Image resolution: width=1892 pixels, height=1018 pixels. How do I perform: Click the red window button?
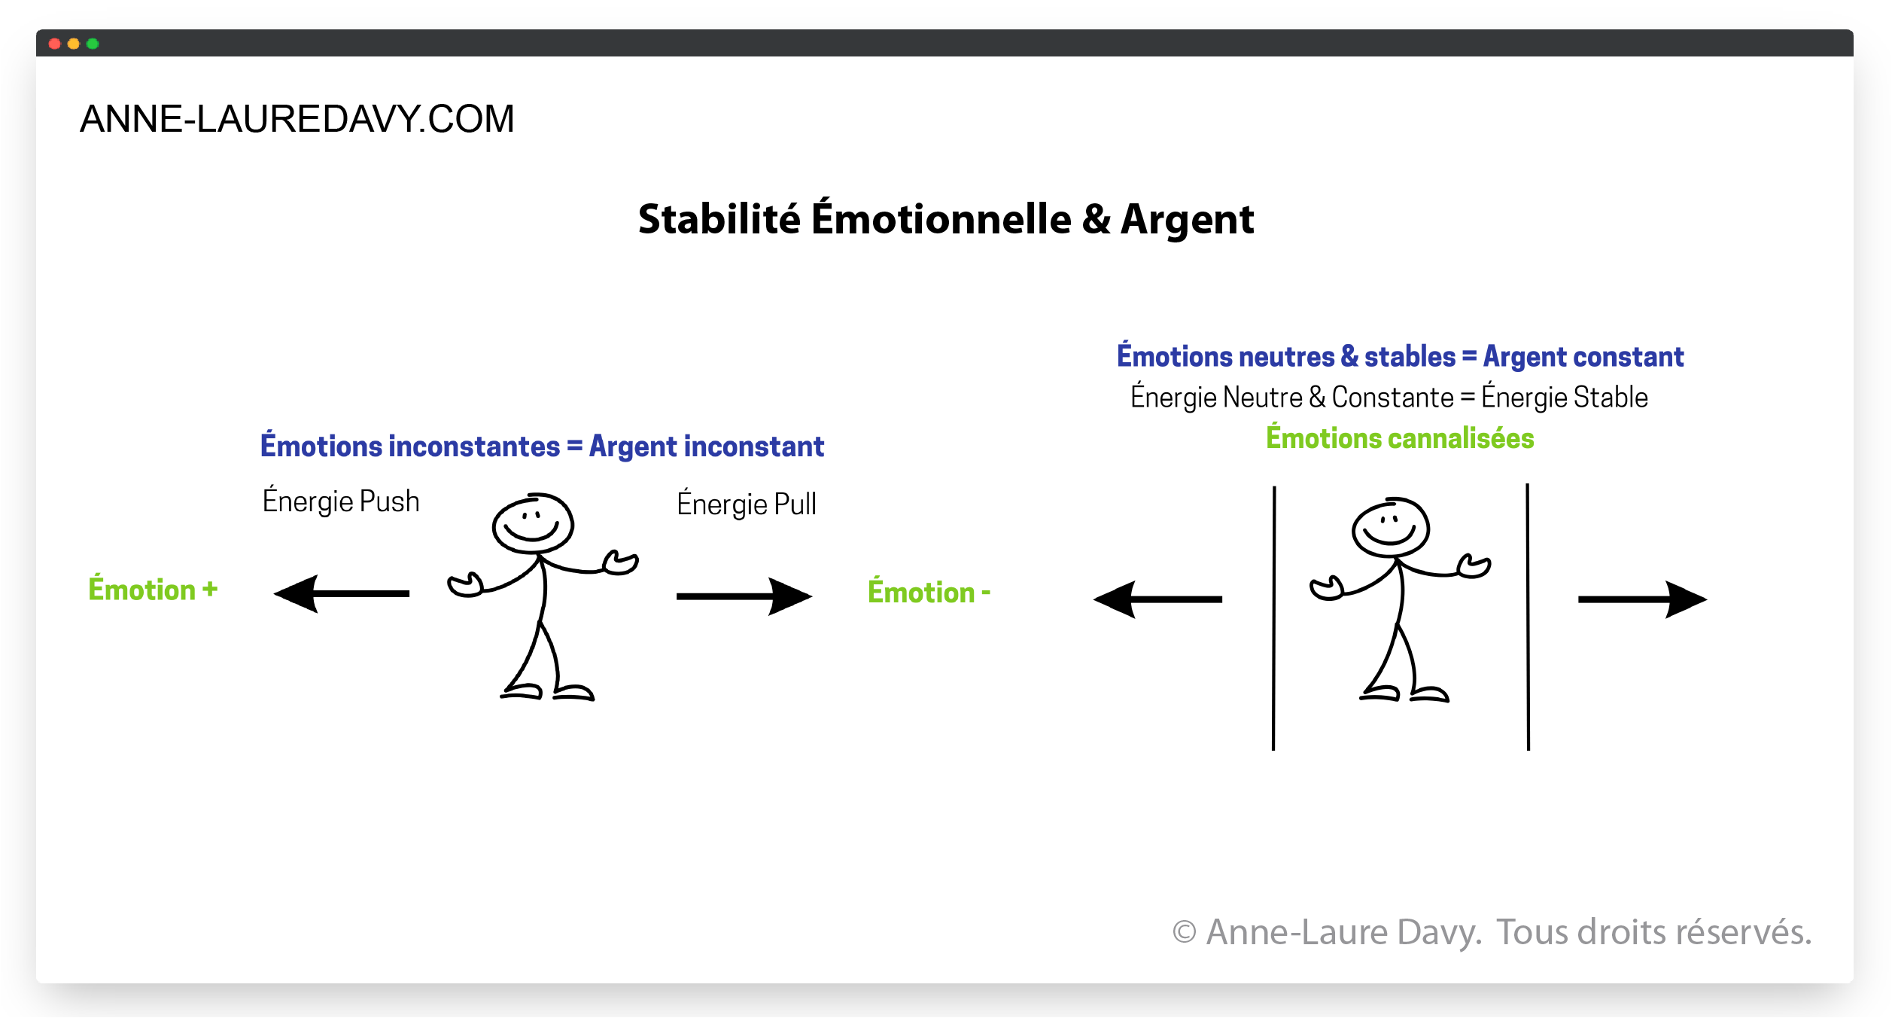54,44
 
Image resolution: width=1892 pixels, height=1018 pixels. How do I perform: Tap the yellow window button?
74,44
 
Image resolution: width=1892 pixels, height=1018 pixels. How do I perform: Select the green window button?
93,44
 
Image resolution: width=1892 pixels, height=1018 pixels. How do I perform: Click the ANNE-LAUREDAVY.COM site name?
297,119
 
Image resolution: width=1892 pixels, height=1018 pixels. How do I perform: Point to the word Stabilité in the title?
719,219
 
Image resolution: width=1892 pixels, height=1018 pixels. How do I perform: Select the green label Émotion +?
154,589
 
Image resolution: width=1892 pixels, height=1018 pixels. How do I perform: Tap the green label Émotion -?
929,591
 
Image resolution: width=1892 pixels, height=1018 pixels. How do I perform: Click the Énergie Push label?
341,500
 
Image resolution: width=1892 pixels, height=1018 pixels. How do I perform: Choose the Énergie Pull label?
747,503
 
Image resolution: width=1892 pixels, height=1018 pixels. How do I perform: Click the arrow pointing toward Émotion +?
342,594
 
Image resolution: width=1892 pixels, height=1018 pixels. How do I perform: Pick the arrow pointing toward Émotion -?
744,596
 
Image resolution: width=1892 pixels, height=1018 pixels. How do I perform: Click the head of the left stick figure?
533,524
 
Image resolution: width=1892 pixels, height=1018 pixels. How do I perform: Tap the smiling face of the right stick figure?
1390,528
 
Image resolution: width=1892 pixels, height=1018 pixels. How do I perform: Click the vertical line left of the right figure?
1274,617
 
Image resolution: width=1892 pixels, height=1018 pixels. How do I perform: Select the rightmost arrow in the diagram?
1643,599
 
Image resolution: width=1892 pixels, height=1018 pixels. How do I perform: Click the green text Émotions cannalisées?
1400,437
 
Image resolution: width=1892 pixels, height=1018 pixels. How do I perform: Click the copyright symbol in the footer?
1185,932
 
